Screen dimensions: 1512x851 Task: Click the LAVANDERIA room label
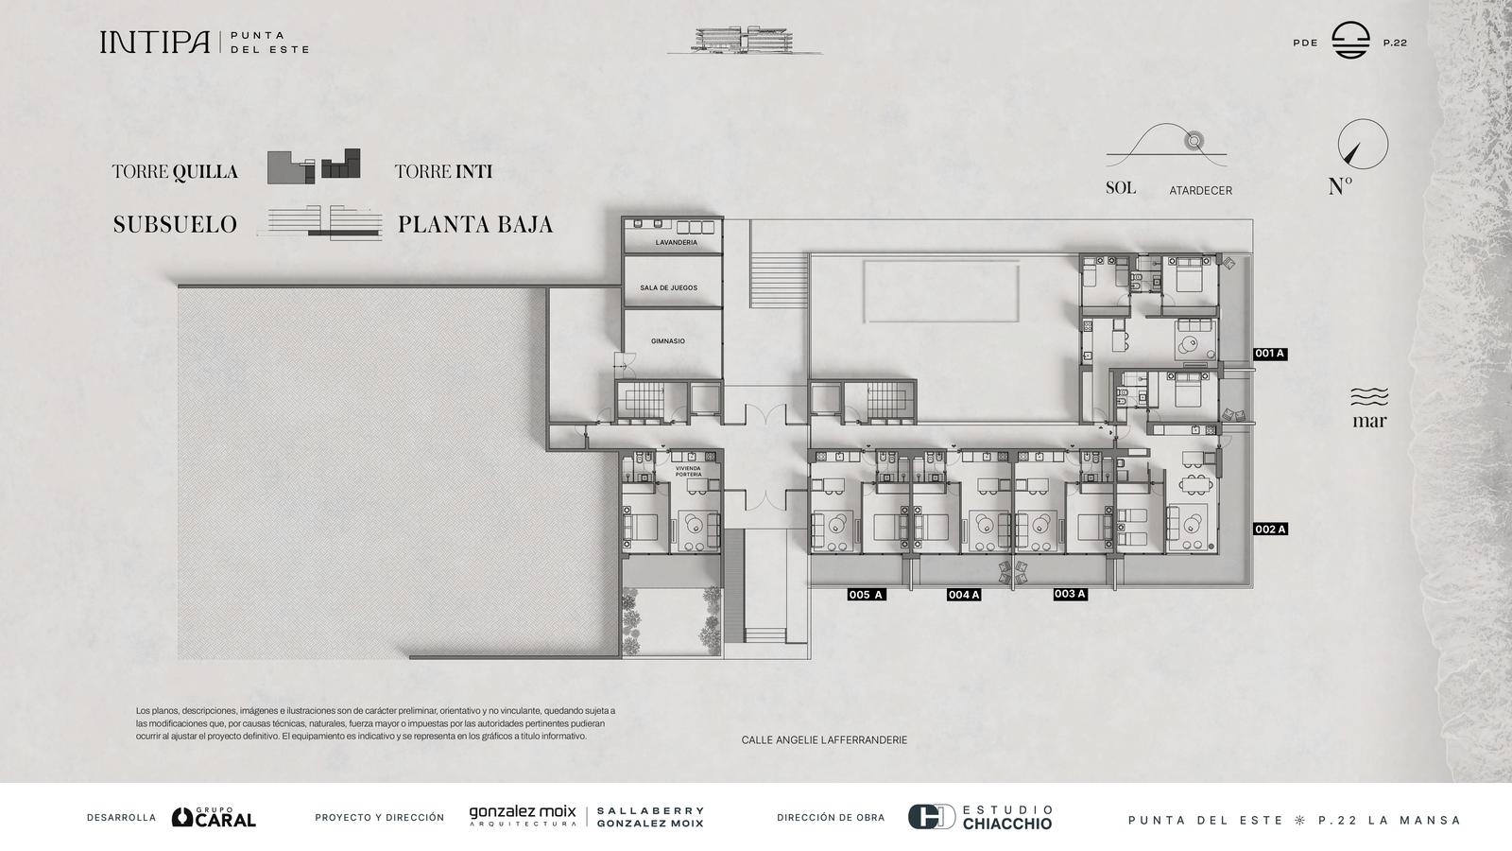click(x=676, y=242)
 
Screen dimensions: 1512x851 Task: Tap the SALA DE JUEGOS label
click(x=668, y=287)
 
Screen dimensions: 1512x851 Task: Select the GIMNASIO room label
click(x=667, y=341)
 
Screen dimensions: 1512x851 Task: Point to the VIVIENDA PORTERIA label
click(x=688, y=472)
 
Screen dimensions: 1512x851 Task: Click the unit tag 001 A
click(x=1270, y=354)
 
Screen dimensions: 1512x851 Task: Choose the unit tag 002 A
click(x=1270, y=530)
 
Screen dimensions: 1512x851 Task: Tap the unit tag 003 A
click(x=1070, y=594)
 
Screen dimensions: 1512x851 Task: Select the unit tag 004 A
click(x=963, y=595)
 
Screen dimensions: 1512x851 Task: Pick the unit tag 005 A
click(x=866, y=595)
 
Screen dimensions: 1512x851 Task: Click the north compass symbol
click(x=1362, y=145)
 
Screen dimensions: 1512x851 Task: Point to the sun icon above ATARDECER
click(x=1194, y=141)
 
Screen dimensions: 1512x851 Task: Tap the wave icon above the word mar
click(x=1369, y=396)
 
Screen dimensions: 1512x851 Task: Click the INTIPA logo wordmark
click(x=155, y=42)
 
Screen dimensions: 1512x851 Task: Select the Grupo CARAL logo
click(x=214, y=817)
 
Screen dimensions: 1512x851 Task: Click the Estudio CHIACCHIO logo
click(x=979, y=817)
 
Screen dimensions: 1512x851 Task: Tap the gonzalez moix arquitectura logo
click(x=523, y=816)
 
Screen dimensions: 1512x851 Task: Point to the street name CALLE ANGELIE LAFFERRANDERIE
click(x=824, y=740)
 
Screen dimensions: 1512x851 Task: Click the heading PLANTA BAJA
click(x=475, y=224)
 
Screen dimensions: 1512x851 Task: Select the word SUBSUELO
click(x=175, y=224)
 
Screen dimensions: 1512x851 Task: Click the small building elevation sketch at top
click(x=744, y=41)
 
